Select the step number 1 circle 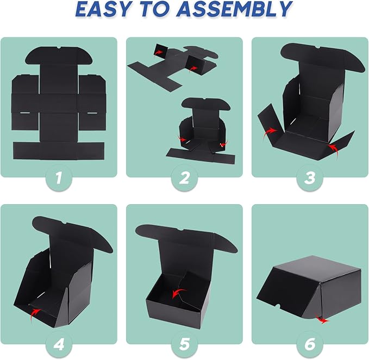tap(59, 178)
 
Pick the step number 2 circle tap(184, 178)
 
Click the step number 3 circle tap(310, 178)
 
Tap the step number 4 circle tap(59, 345)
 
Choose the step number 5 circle tap(184, 345)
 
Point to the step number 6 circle tap(310, 345)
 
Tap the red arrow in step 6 tap(322, 320)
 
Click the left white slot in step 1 tap(24, 113)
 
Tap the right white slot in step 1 tap(92, 113)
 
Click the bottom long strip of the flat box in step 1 tap(59, 151)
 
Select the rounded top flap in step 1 tap(58, 56)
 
